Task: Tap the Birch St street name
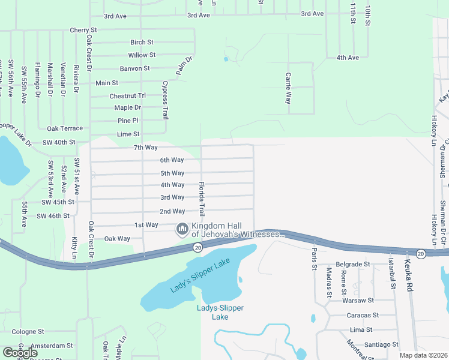142,43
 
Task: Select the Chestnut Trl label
128,96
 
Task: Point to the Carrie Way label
289,88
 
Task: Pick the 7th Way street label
145,148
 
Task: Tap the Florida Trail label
202,199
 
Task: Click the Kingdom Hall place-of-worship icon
181,229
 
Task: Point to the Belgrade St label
352,264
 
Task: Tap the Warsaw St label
358,300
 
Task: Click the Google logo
20,353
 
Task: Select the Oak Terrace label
65,128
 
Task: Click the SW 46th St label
53,215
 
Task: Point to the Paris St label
313,259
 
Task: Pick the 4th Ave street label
348,58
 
